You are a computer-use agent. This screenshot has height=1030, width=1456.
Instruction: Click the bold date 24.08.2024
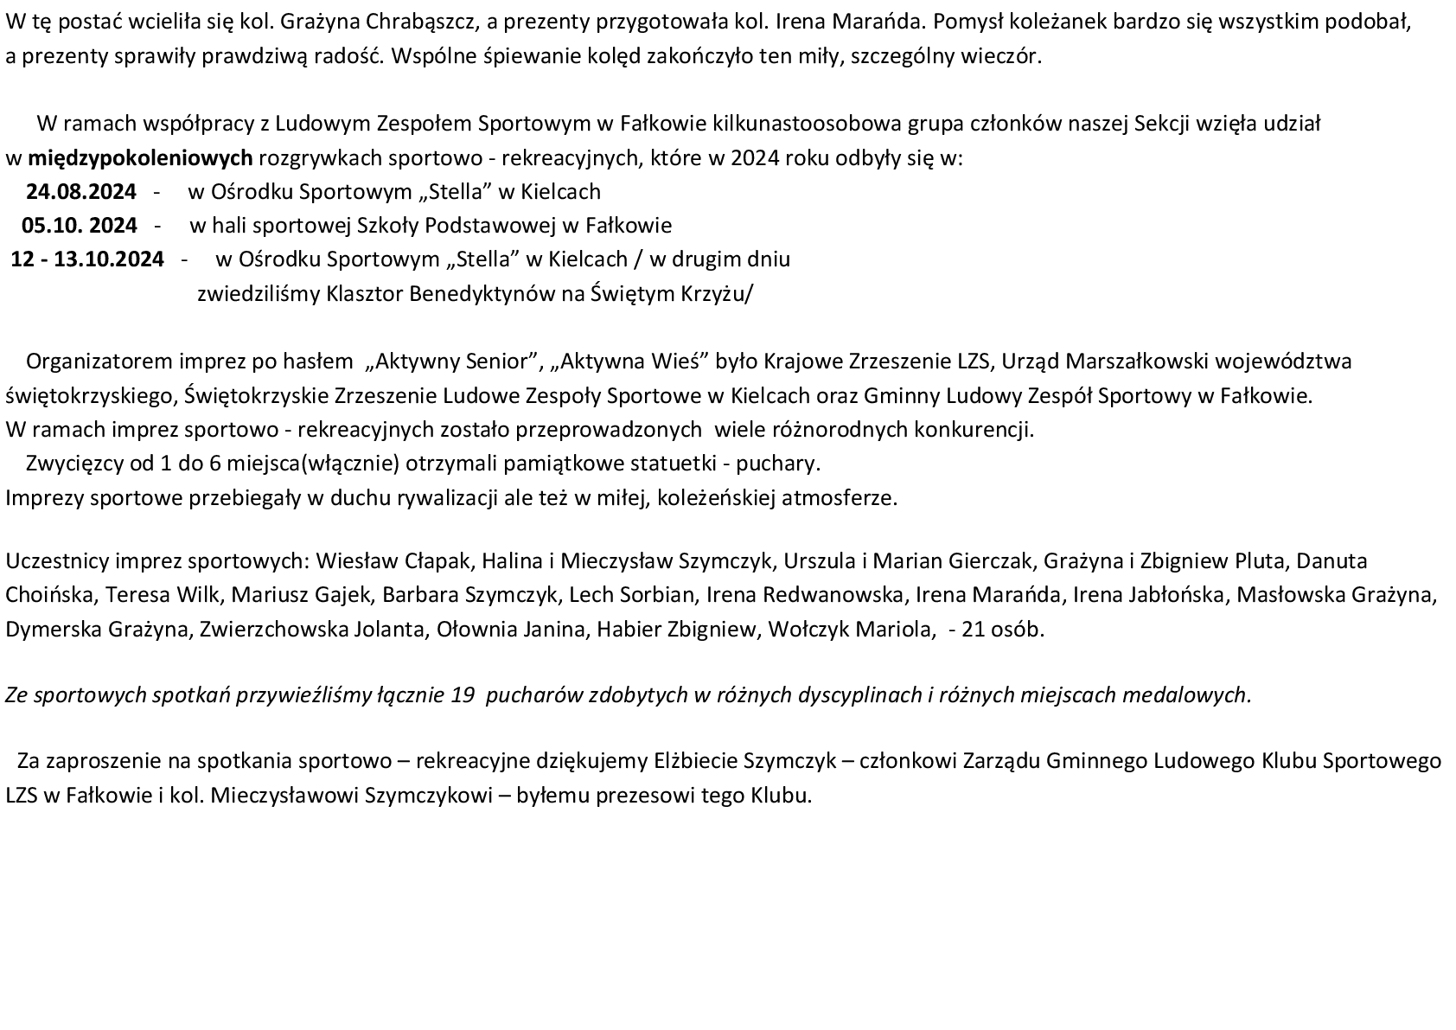point(80,191)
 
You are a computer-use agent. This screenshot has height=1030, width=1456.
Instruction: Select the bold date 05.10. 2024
point(80,226)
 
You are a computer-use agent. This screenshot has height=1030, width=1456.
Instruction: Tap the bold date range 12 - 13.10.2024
point(87,259)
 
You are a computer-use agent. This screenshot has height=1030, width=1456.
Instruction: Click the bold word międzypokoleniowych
point(141,158)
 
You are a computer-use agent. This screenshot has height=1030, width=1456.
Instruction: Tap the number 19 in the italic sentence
point(463,694)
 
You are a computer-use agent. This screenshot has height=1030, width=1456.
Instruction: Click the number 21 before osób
point(973,630)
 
